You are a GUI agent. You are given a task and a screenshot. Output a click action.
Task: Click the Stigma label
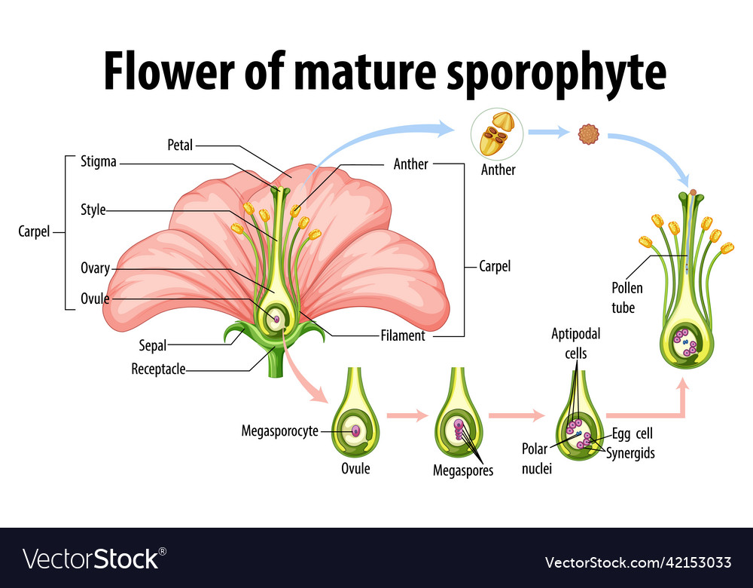[x=99, y=161]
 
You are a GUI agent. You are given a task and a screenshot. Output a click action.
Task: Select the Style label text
[x=93, y=210]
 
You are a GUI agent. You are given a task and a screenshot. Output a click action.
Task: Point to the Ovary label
[x=95, y=268]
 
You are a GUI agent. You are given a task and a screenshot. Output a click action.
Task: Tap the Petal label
[x=181, y=144]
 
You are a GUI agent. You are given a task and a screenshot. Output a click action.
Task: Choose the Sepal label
[x=152, y=346]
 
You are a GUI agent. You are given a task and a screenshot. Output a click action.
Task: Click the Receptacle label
[x=158, y=369]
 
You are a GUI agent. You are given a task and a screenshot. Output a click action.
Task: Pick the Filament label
[x=403, y=335]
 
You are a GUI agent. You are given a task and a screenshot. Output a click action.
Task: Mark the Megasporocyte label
[x=279, y=431]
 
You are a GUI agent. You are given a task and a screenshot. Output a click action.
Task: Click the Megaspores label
[x=463, y=470]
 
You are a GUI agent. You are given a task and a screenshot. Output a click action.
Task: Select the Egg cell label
[x=633, y=433]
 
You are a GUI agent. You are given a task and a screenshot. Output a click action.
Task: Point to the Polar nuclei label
[x=537, y=458]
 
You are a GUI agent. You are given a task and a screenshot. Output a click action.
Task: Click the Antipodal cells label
[x=576, y=343]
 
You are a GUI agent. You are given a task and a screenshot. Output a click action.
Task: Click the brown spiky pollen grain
[x=587, y=134]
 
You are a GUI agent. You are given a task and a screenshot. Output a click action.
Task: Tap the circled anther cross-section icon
[x=497, y=134]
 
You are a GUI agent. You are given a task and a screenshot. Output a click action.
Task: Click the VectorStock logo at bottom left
[x=94, y=559]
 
